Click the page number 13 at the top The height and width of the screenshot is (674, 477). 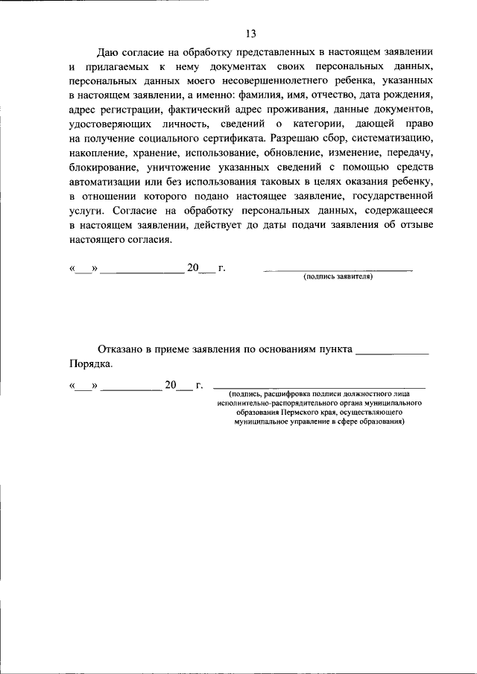250,33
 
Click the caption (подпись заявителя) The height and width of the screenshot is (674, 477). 338,276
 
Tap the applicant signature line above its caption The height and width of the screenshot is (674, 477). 338,269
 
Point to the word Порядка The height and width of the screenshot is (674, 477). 91,364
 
